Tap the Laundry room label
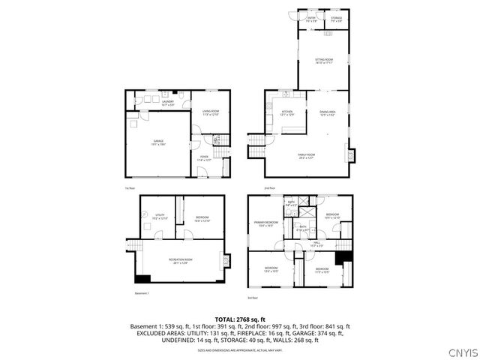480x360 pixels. click(x=167, y=103)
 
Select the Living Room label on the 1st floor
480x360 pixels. click(x=210, y=113)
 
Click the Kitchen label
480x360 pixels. click(x=286, y=113)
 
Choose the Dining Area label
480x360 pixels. click(x=328, y=113)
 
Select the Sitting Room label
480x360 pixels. click(x=323, y=61)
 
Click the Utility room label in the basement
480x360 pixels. click(x=160, y=217)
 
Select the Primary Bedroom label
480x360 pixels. click(x=268, y=223)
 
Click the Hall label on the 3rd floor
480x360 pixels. click(x=316, y=243)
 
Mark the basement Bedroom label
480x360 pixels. click(x=202, y=219)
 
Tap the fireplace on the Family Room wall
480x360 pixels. click(x=347, y=154)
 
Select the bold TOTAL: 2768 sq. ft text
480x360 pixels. click(x=240, y=319)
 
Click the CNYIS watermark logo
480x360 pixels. click(x=459, y=352)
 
